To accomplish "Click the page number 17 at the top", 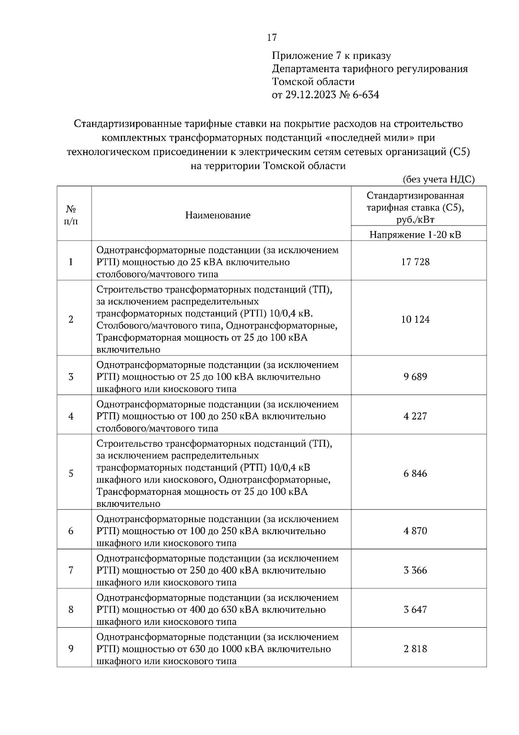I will click(272, 38).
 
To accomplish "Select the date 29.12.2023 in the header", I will click(309, 95).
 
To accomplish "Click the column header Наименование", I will click(218, 215).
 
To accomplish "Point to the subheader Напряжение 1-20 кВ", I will click(415, 235).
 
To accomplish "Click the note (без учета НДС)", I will click(439, 179).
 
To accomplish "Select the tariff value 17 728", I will click(415, 262).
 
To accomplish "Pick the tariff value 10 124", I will click(415, 319).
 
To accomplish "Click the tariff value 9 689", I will click(415, 377).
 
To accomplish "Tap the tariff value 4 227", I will click(415, 416).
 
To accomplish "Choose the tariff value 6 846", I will click(415, 474).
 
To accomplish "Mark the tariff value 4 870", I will click(415, 531).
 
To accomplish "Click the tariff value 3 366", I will click(415, 570).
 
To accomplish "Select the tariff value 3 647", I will click(415, 609).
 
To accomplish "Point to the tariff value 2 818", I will click(415, 649).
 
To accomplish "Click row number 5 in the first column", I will click(71, 474).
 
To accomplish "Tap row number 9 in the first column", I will click(71, 649).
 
